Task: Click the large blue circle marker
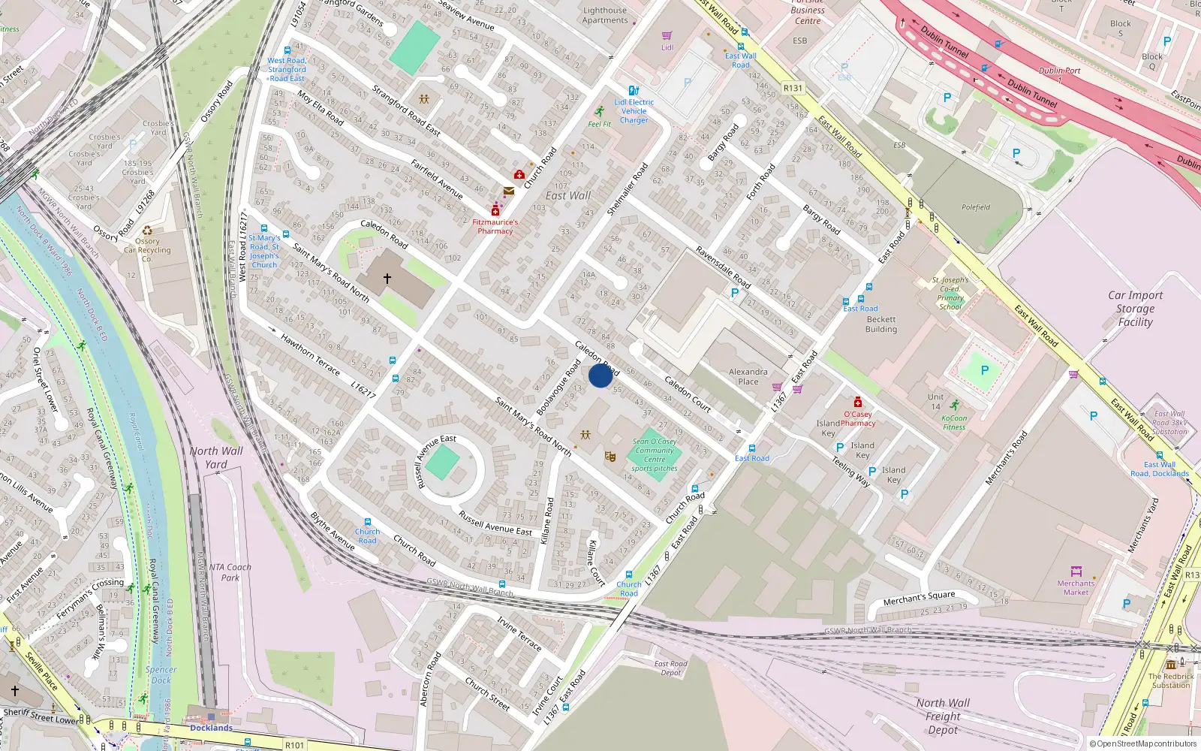[x=600, y=375]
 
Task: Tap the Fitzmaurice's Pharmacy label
[x=495, y=227]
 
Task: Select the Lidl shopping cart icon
[x=667, y=35]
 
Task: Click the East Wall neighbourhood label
[x=568, y=196]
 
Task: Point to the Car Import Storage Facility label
[x=1135, y=309]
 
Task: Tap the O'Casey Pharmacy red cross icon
[x=858, y=403]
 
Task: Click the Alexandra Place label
[x=748, y=376]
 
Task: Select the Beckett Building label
[x=880, y=324]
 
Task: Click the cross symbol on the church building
[x=387, y=279]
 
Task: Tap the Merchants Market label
[x=1076, y=587]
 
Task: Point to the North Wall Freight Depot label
[x=943, y=716]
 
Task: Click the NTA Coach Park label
[x=230, y=572]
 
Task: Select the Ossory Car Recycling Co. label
[x=147, y=250]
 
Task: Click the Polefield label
[x=976, y=207]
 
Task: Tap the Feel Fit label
[x=599, y=124]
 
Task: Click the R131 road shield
[x=793, y=88]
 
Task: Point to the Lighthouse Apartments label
[x=605, y=16]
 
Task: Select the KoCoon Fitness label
[x=954, y=423]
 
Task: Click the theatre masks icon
[x=610, y=456]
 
